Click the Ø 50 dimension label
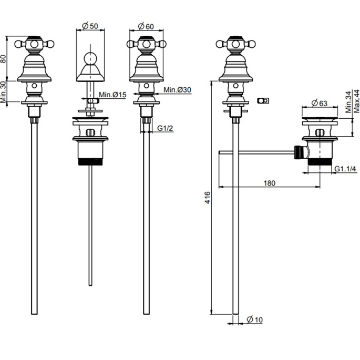point(90,25)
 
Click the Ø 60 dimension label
point(146,25)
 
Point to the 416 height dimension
point(207,198)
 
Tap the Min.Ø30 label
point(177,90)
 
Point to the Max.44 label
point(356,100)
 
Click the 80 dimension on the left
point(4,58)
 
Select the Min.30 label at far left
point(4,92)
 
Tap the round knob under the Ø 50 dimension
point(90,58)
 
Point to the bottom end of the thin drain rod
point(90,284)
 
